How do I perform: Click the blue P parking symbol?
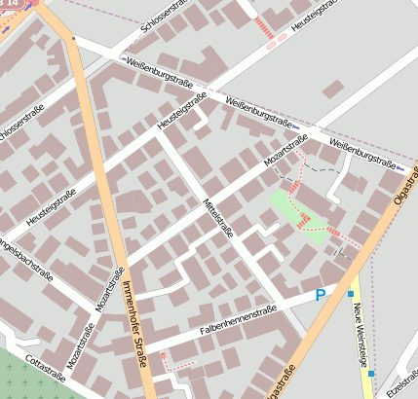coord(320,295)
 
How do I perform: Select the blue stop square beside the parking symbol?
coord(350,293)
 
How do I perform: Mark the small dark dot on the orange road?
coord(75,40)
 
